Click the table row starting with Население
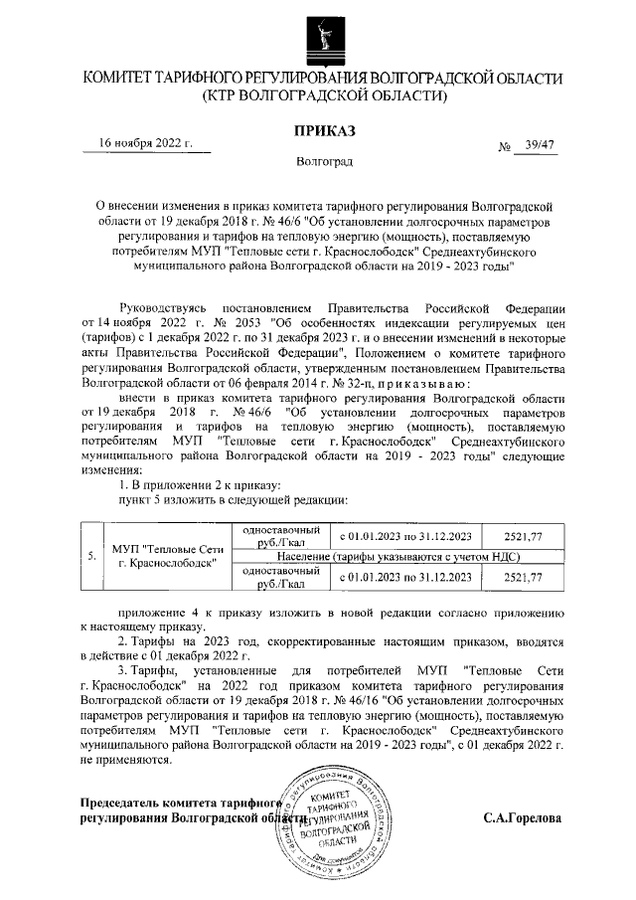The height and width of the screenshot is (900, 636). point(400,558)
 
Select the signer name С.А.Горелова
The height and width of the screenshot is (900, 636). point(522,819)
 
